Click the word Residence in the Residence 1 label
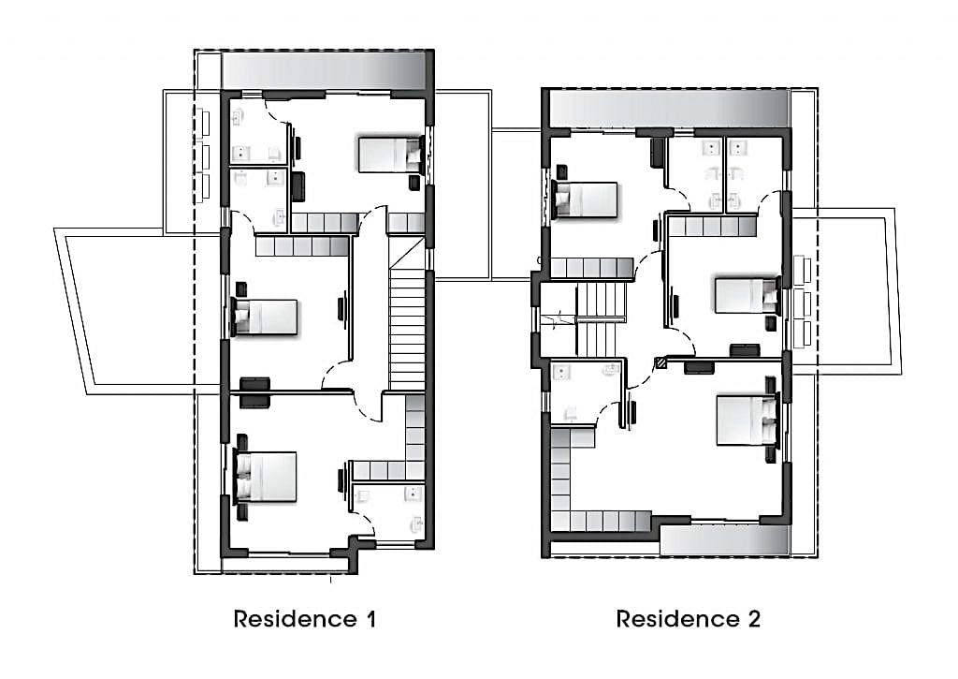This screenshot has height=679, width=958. pyautogui.click(x=295, y=619)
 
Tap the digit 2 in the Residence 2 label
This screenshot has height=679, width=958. pyautogui.click(x=754, y=619)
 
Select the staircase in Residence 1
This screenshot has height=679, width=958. pyautogui.click(x=407, y=314)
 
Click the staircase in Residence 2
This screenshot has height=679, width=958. pyautogui.click(x=602, y=319)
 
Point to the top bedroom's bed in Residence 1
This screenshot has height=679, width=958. pyautogui.click(x=391, y=155)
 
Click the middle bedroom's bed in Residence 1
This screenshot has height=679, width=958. pyautogui.click(x=264, y=317)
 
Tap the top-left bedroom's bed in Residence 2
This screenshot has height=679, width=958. pyautogui.click(x=585, y=199)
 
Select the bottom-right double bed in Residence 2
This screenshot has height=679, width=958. pyautogui.click(x=748, y=420)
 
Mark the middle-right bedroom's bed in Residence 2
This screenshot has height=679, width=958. pyautogui.click(x=748, y=296)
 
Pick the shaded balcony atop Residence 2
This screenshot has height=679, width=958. pyautogui.click(x=669, y=109)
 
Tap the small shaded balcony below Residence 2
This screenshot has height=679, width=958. pyautogui.click(x=725, y=540)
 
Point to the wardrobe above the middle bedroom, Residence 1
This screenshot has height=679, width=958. pyautogui.click(x=302, y=246)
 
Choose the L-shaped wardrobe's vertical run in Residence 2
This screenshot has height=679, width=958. pyautogui.click(x=560, y=479)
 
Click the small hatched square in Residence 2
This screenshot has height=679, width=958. pyautogui.click(x=660, y=362)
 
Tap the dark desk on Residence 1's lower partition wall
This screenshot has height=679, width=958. pyautogui.click(x=254, y=392)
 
